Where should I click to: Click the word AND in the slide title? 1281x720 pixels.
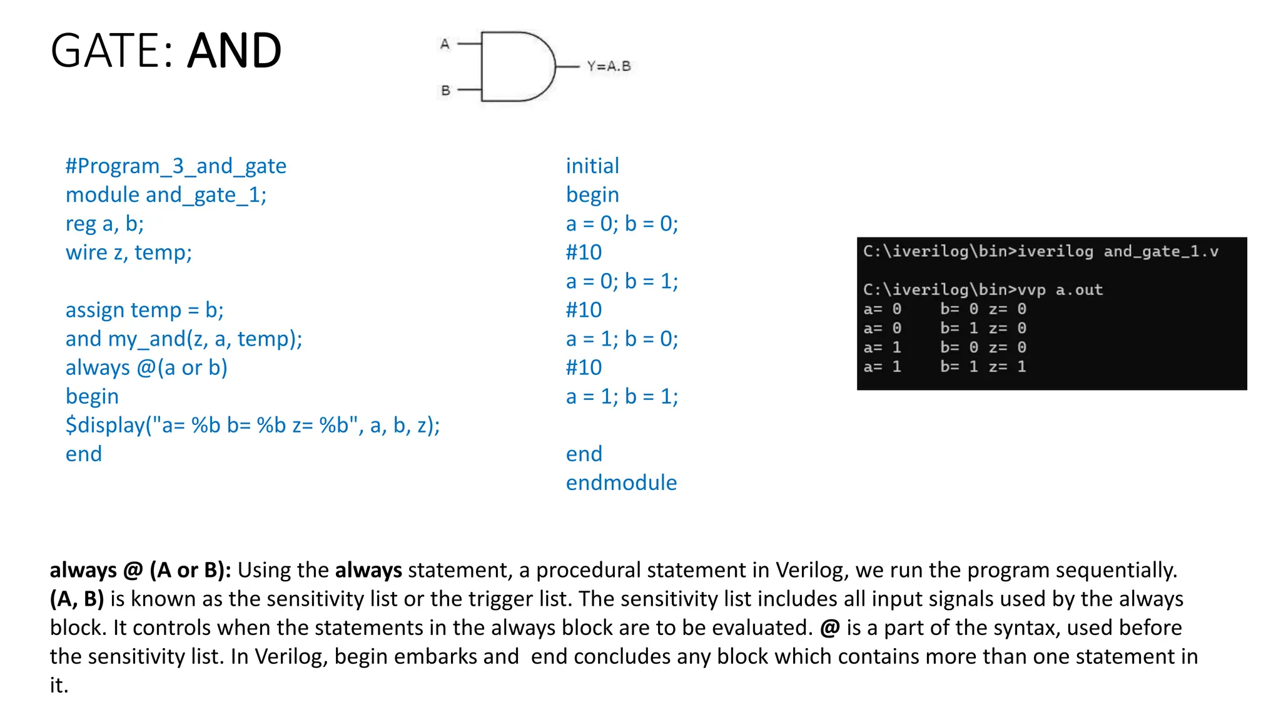pos(235,51)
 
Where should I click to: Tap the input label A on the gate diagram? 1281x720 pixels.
pos(445,44)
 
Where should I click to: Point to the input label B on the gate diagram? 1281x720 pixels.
pos(445,91)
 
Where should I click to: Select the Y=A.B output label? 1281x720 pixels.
pos(609,66)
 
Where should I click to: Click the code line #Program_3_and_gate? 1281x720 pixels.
pos(176,166)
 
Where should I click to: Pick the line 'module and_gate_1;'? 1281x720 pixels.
pos(166,195)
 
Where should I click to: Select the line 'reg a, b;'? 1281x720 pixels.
pos(104,224)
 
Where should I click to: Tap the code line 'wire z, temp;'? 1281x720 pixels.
pos(128,252)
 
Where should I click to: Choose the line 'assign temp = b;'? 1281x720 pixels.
pos(144,310)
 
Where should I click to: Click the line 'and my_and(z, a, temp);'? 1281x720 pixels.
pos(184,339)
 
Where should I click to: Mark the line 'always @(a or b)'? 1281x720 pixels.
pos(146,367)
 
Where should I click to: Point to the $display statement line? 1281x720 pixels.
pos(253,425)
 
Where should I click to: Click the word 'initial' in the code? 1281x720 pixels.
pos(592,166)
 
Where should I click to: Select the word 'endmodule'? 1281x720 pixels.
pos(621,482)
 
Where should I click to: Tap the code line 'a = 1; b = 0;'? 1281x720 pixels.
pos(622,339)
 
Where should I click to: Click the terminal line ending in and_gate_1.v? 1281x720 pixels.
pos(1040,252)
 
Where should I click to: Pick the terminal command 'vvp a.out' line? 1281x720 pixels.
pos(983,290)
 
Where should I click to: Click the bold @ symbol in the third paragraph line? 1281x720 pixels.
pos(829,627)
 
